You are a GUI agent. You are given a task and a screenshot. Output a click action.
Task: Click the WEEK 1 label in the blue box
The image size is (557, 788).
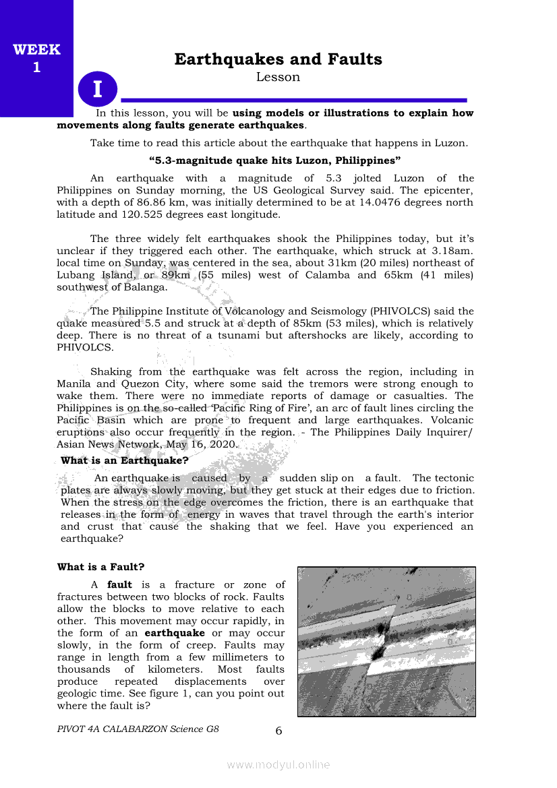(36, 59)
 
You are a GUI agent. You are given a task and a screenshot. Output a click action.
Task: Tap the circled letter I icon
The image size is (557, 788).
(98, 89)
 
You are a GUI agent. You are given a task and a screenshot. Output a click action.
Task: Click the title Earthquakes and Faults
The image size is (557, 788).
(278, 59)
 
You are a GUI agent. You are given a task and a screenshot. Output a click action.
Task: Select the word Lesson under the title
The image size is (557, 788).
(278, 78)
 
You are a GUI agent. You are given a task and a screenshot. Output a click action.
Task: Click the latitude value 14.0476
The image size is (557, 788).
(384, 202)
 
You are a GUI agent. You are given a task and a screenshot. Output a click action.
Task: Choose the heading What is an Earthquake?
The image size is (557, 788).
(124, 461)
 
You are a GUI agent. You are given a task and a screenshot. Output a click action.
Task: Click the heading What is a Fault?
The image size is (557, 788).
(100, 567)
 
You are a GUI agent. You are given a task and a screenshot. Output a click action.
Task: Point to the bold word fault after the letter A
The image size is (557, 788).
(119, 585)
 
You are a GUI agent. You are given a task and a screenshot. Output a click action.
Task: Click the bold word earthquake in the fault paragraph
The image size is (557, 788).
(175, 634)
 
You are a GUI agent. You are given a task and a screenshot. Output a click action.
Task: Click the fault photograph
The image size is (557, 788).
(386, 641)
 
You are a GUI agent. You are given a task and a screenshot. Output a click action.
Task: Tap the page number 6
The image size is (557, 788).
(278, 731)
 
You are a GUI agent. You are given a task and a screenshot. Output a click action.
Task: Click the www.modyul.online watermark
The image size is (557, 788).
(278, 765)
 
